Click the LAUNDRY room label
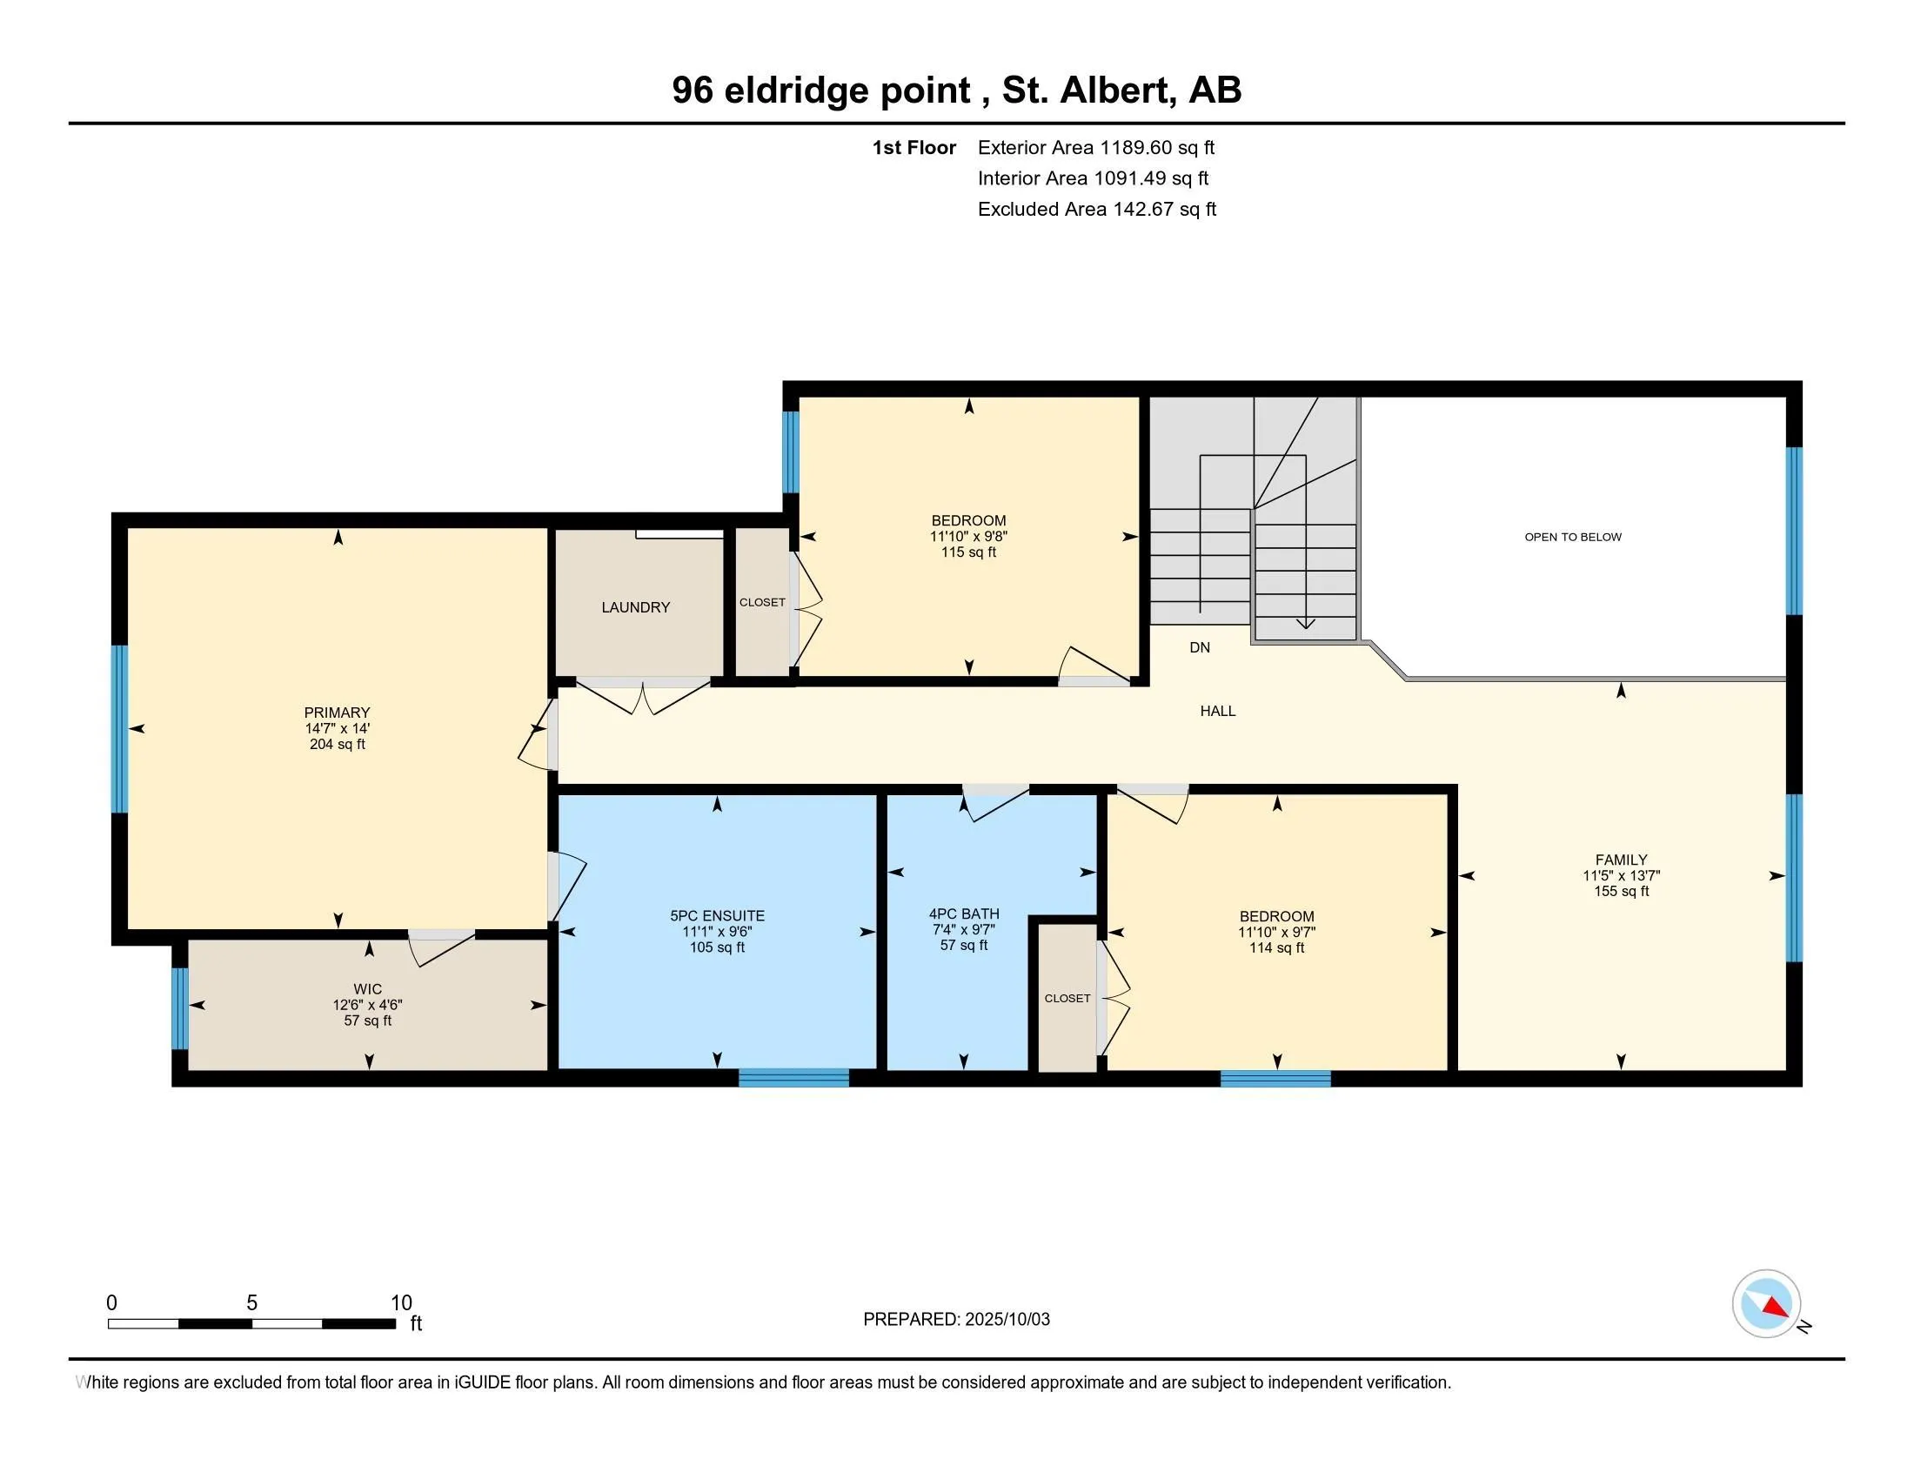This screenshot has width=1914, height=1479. [635, 607]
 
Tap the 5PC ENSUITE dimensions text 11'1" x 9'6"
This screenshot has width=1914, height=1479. [717, 932]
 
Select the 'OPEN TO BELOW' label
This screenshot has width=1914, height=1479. [1572, 537]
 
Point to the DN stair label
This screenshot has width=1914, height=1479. [1200, 647]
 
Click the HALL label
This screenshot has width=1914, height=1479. [1217, 711]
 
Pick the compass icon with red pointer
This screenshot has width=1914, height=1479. [1766, 1303]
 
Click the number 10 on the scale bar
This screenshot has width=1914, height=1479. [400, 1303]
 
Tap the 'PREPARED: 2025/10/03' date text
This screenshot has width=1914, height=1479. [956, 1319]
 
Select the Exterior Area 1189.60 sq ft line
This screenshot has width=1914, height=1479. [1095, 147]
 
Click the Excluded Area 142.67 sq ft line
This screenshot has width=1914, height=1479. [1096, 209]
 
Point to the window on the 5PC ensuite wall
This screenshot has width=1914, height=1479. [793, 1078]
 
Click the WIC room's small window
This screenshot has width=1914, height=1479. [180, 1007]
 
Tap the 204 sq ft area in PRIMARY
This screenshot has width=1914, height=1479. [338, 744]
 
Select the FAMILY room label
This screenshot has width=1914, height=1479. [1621, 860]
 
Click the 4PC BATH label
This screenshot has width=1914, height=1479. [964, 913]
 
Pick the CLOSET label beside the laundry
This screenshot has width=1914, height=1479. [761, 602]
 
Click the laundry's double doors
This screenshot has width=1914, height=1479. [643, 695]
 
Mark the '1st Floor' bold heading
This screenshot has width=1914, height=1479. [913, 147]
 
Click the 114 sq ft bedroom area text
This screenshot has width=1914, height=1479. [1276, 947]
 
